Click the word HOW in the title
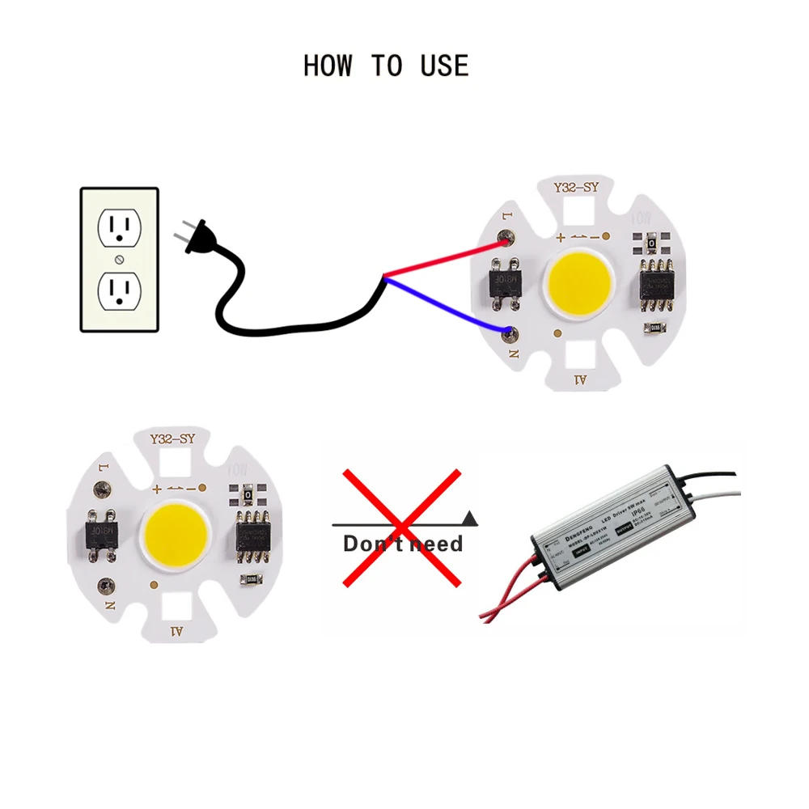tap(328, 66)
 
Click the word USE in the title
tap(444, 66)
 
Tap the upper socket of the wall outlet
tap(121, 229)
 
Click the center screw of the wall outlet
tap(121, 260)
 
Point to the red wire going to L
tap(445, 256)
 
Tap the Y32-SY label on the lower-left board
tap(173, 440)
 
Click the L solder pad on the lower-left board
tap(103, 489)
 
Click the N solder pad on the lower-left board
tap(104, 584)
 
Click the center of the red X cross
tap(401, 527)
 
